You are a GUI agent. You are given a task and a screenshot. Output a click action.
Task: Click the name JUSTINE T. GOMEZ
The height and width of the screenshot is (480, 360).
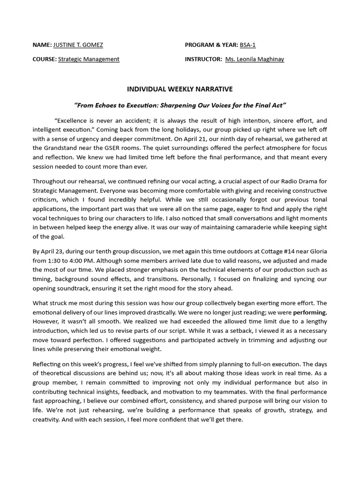pyautogui.click(x=78, y=45)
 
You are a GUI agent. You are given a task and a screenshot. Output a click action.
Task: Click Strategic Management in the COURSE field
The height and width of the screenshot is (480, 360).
pyautogui.click(x=89, y=59)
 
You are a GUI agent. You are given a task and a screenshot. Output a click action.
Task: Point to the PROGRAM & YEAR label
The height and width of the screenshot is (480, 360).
pyautogui.click(x=211, y=45)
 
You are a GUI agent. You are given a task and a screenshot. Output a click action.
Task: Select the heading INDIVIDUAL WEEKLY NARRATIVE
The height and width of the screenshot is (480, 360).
pyautogui.click(x=180, y=89)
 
